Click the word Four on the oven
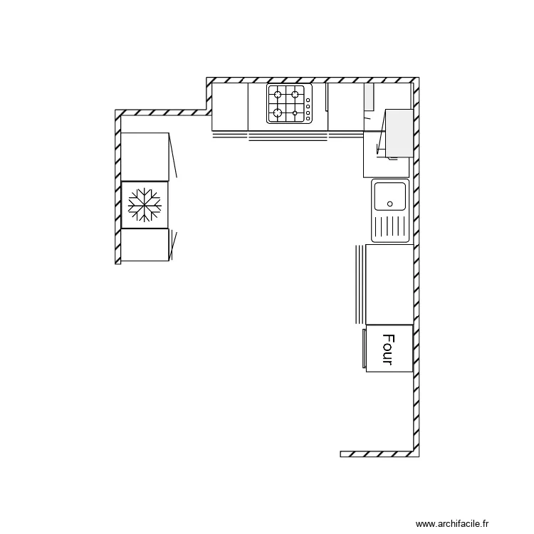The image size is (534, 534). [388, 349]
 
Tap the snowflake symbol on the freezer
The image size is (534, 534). [145, 205]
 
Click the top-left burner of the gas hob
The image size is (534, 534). [278, 94]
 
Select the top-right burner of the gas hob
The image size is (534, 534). [294, 94]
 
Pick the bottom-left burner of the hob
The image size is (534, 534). [278, 112]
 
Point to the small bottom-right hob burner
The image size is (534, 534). [295, 112]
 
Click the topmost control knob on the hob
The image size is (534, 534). [308, 100]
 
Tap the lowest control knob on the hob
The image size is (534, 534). [308, 118]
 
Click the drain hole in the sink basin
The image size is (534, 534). [390, 204]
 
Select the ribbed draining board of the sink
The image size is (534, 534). [389, 227]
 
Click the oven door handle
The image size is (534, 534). [364, 348]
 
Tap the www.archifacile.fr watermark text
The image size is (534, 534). [454, 523]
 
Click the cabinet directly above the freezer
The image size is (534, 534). [145, 157]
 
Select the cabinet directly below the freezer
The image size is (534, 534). [145, 245]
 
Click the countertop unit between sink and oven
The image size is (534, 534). [389, 284]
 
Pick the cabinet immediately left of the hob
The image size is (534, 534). [230, 107]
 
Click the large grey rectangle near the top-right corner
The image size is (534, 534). [399, 132]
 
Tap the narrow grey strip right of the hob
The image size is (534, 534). [369, 97]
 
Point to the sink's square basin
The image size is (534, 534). [390, 196]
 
